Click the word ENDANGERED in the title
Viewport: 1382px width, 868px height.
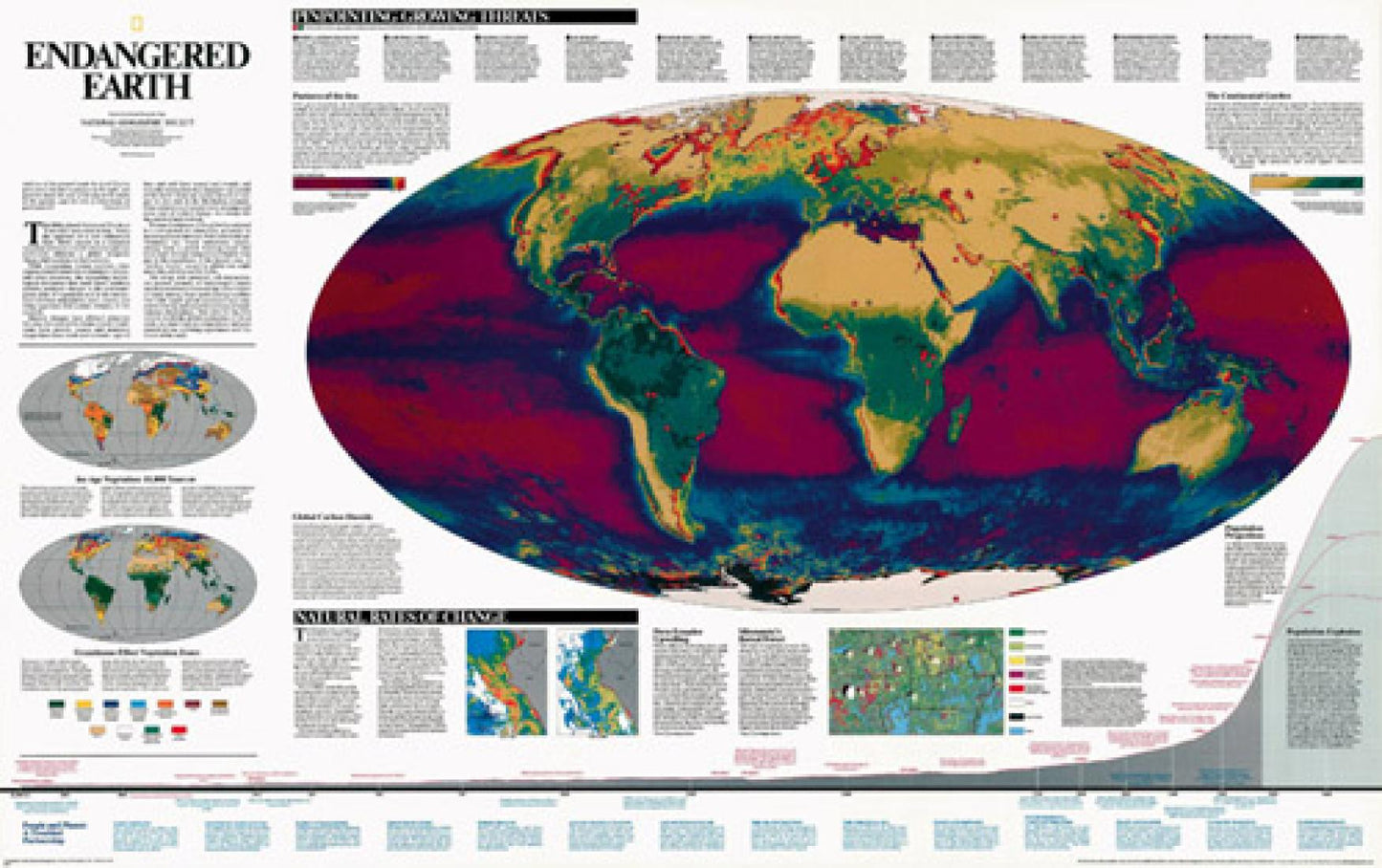coord(137,55)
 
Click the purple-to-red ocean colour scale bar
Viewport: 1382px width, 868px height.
coord(349,182)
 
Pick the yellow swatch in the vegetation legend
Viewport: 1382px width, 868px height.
coord(84,706)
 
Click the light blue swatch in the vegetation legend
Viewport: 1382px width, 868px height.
coord(140,706)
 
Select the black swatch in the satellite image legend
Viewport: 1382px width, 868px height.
coord(1018,716)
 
